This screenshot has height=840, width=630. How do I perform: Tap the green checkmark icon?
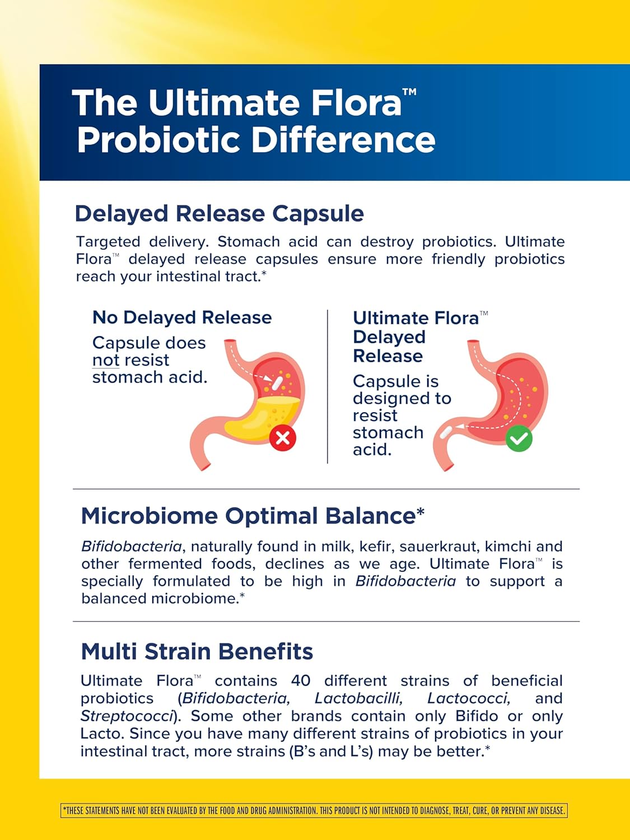tap(519, 438)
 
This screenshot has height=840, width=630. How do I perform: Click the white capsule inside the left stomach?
tap(277, 382)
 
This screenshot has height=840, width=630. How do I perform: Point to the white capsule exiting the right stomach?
tap(446, 432)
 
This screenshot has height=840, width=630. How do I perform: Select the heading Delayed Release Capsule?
tap(219, 213)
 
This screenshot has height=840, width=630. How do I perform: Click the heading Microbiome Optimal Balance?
tap(253, 516)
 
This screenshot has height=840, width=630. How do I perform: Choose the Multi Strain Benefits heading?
tap(197, 652)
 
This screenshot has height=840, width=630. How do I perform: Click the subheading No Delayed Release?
tap(182, 318)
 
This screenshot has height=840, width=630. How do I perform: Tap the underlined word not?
tap(106, 360)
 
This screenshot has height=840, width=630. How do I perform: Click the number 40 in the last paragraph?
tap(301, 681)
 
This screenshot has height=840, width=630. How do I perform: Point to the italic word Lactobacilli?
tap(358, 698)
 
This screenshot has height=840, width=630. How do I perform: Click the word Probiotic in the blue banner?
tap(158, 140)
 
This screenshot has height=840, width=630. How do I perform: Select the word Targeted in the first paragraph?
tap(108, 242)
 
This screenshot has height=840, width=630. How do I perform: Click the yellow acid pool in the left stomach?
tap(264, 417)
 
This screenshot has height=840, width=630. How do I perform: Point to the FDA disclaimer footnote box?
tap(314, 810)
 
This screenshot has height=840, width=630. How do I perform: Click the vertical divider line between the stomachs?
tap(328, 386)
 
